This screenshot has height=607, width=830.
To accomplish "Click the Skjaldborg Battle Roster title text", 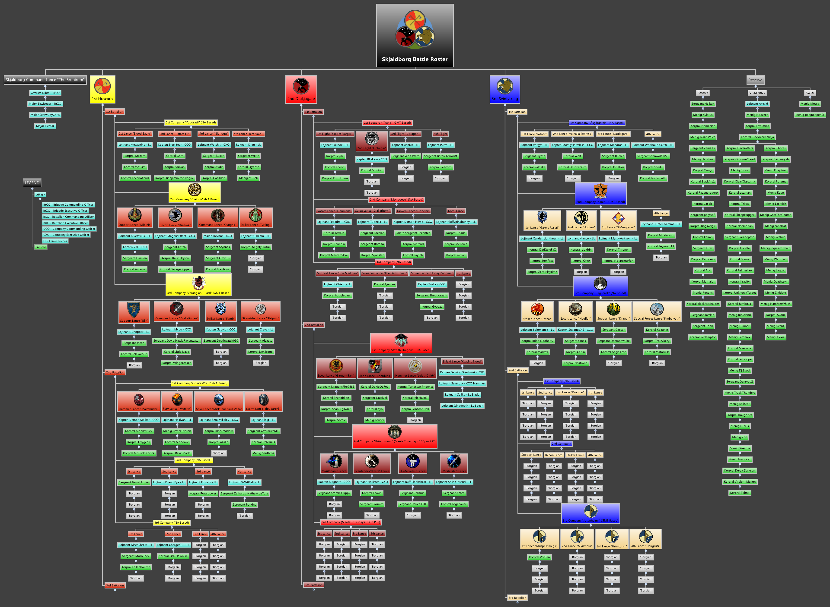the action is [x=415, y=59].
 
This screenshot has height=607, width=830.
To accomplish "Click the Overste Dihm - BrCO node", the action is [x=45, y=93].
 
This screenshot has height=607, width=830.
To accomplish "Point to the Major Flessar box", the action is [x=45, y=126].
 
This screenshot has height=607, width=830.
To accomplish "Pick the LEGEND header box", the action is [x=32, y=183].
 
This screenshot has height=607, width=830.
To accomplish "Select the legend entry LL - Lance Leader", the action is [x=55, y=241].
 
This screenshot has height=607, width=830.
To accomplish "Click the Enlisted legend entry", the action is [x=41, y=247].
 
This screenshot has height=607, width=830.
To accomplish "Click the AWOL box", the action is [x=810, y=93].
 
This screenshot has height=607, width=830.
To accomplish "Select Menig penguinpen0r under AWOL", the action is [x=810, y=115].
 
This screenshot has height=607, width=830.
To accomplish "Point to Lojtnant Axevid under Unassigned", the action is [x=757, y=104].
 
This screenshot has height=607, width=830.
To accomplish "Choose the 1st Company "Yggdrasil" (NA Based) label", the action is [x=191, y=123].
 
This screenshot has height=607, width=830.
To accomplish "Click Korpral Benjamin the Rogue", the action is [x=174, y=178].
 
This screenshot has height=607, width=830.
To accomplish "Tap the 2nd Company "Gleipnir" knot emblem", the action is [x=195, y=190].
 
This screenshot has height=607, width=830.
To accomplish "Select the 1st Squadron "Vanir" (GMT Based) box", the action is [x=387, y=123].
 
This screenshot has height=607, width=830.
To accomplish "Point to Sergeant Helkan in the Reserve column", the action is [x=702, y=104].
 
